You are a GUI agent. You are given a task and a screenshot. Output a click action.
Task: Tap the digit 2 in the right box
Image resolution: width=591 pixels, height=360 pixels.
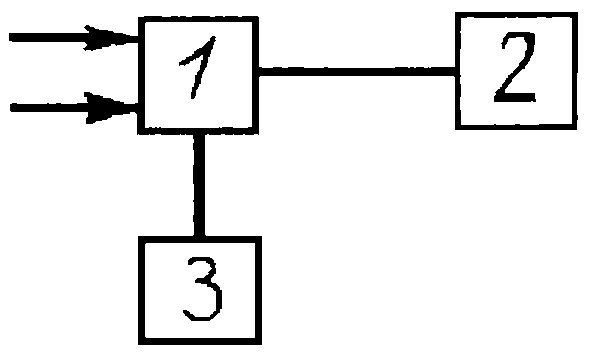point(515,67)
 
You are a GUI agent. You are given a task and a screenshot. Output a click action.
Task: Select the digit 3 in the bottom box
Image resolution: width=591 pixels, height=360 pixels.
point(203,289)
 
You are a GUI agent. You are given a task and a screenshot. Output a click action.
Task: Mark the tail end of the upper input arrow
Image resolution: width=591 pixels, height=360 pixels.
point(10,37)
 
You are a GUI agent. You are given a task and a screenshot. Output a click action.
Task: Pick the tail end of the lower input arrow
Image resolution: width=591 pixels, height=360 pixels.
point(11,108)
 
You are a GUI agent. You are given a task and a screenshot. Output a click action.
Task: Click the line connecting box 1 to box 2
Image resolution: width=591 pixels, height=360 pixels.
point(357,71)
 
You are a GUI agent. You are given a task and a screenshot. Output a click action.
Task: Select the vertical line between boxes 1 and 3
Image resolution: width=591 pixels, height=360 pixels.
point(199,185)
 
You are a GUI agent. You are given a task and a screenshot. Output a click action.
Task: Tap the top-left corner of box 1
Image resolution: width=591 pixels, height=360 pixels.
point(139,18)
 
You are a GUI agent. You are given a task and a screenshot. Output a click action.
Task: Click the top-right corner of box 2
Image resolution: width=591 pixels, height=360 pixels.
point(576,14)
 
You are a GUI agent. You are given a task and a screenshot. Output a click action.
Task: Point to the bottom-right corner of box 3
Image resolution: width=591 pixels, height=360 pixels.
point(260,343)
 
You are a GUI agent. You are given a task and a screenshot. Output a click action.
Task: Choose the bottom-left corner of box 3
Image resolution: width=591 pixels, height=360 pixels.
point(140,343)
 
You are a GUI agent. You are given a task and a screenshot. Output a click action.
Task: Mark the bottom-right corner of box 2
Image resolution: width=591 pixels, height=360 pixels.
point(576,128)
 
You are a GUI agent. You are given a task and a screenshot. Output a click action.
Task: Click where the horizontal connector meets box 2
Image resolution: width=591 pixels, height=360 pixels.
point(456,71)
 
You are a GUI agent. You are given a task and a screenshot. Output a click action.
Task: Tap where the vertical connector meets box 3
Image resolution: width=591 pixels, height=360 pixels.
point(199,237)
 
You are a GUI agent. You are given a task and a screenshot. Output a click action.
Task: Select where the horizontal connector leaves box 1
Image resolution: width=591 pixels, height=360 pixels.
point(258,71)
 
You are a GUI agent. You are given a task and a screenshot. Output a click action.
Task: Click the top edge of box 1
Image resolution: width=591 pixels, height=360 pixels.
point(198,19)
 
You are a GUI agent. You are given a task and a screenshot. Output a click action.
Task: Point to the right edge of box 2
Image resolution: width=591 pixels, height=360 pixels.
point(575,71)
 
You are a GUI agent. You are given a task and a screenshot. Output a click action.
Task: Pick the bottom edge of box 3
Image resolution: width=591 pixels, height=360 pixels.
point(200,342)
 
